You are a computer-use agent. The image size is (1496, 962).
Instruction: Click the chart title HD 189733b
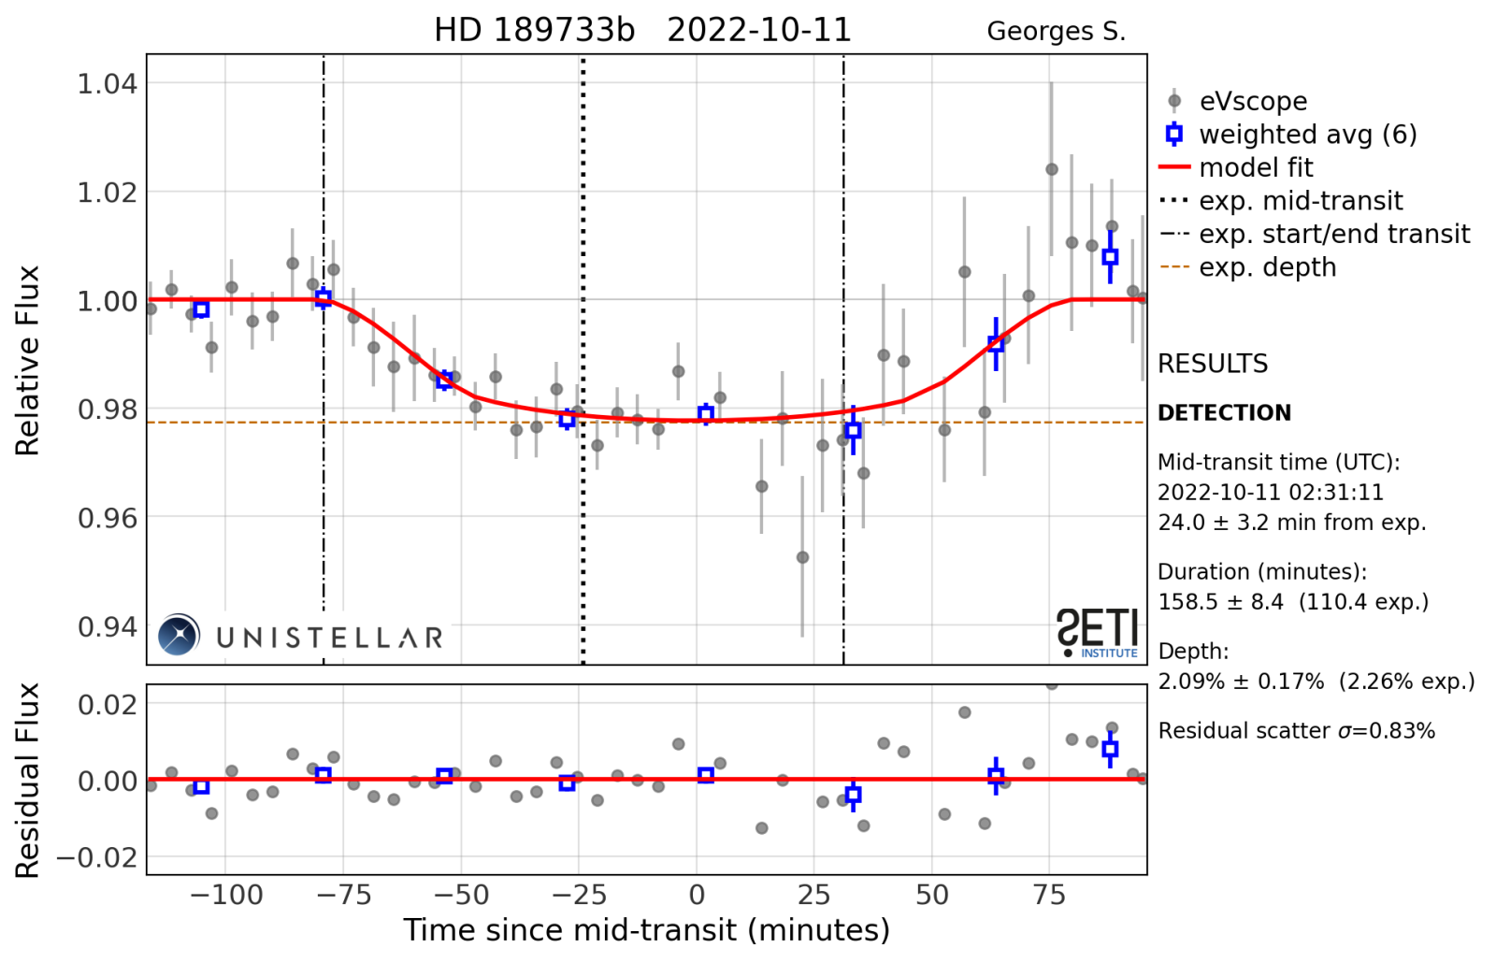[534, 31]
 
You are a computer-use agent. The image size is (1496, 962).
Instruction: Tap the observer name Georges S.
[1056, 32]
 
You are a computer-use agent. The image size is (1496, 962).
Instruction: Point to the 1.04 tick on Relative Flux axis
[107, 84]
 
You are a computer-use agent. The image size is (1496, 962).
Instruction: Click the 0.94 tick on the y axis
[107, 626]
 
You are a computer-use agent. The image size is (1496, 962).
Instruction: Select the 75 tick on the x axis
[1049, 896]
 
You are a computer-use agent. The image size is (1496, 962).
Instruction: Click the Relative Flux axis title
[28, 360]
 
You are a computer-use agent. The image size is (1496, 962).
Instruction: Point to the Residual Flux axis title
[28, 780]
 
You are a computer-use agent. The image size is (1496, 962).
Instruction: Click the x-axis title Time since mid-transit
[646, 930]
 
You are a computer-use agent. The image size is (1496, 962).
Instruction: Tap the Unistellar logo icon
[179, 635]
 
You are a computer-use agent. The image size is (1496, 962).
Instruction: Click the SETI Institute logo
[1098, 633]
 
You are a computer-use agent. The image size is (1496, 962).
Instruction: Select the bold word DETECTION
[1224, 413]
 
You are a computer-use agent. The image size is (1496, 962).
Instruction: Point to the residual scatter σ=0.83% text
[1296, 731]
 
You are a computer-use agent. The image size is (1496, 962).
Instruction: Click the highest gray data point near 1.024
[1051, 169]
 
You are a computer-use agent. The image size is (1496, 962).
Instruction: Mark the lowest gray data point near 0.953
[802, 557]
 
